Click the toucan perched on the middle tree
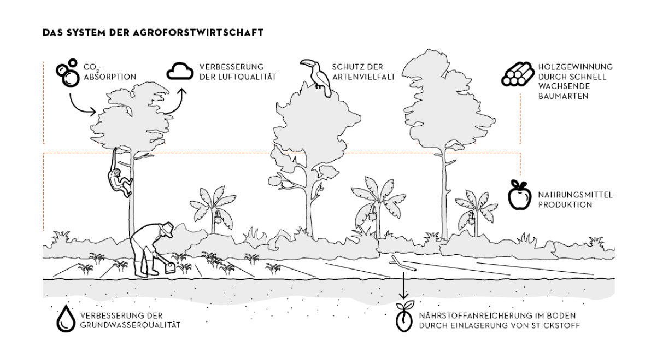(x=316, y=76)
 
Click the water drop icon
(x=65, y=318)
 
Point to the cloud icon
(x=180, y=71)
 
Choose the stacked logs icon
(x=515, y=74)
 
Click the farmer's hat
(x=167, y=227)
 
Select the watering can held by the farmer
(x=170, y=267)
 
